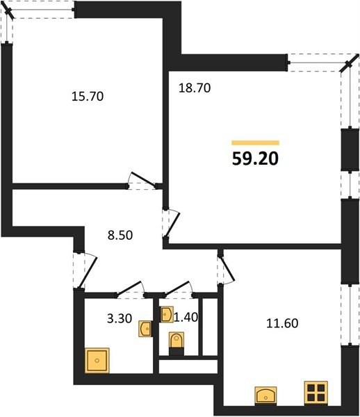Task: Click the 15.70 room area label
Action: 88,97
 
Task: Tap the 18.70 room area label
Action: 195,88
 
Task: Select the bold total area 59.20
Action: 255,158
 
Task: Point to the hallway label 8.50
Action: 120,236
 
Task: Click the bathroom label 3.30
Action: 120,318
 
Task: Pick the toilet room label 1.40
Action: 186,317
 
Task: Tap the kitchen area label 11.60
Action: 282,323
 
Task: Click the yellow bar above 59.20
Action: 255,142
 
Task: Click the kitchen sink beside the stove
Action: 265,395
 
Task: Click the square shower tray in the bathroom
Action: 97,360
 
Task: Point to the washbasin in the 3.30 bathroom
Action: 145,329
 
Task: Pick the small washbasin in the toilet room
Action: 166,314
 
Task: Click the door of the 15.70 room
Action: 143,179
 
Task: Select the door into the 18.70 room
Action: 172,224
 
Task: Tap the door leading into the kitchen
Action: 227,269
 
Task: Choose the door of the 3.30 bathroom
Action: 129,288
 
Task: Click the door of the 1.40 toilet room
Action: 177,288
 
